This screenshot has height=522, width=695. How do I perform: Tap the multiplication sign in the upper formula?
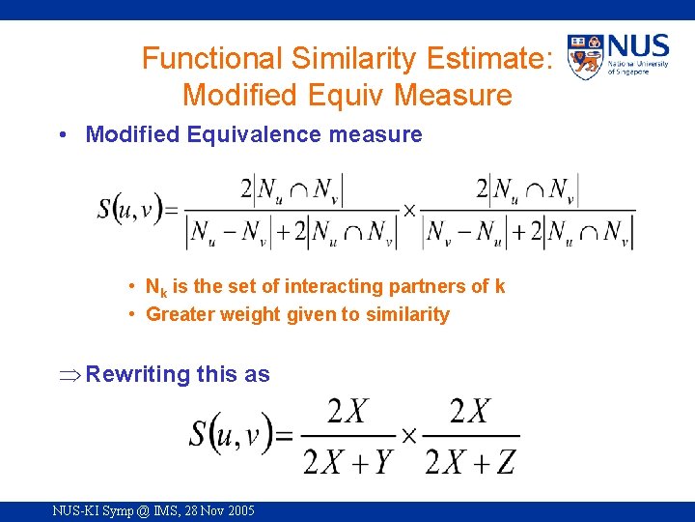click(x=409, y=210)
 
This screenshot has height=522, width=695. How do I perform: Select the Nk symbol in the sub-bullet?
click(x=154, y=287)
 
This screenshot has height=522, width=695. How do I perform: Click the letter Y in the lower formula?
click(x=383, y=462)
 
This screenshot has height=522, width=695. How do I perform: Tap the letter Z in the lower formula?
click(x=506, y=462)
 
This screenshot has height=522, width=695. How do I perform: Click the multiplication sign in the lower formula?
click(x=408, y=436)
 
